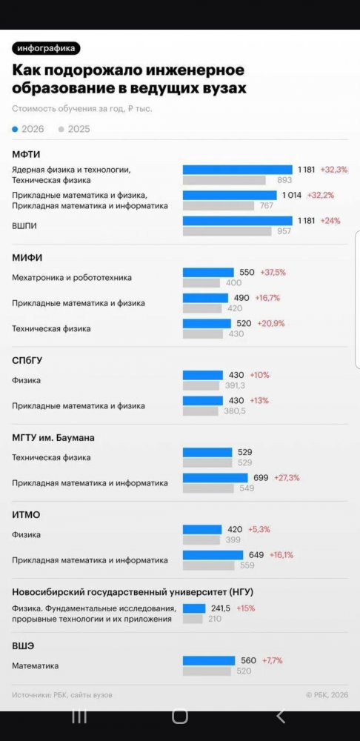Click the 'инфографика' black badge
[x=47, y=49]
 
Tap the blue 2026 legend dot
[x=15, y=129]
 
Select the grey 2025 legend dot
[x=61, y=129]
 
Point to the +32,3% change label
[x=334, y=170]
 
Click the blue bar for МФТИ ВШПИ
[x=238, y=221]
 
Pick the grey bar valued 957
[x=227, y=231]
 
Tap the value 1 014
[x=292, y=195]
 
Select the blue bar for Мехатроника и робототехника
[x=208, y=273]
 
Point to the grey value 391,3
[x=235, y=385]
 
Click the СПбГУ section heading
[x=27, y=361]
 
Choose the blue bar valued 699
[x=216, y=478]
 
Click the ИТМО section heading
[x=26, y=515]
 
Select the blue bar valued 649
[x=213, y=555]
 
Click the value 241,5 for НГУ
[x=221, y=608]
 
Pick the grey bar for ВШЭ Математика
[x=207, y=671]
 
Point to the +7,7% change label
[x=272, y=661]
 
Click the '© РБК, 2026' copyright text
[x=327, y=695]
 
